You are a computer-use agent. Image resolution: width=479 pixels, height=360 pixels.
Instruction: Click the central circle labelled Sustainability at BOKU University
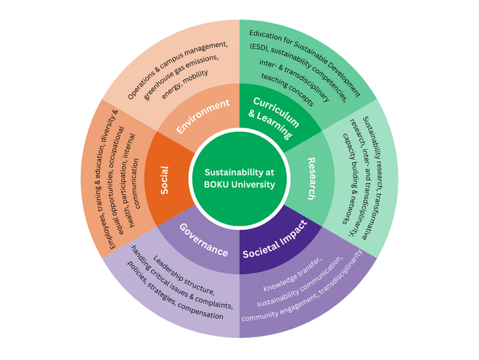[x=239, y=178]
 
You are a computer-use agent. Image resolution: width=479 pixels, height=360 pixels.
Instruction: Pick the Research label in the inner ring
[x=312, y=178]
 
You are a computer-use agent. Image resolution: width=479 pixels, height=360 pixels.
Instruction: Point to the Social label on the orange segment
[x=164, y=180]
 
